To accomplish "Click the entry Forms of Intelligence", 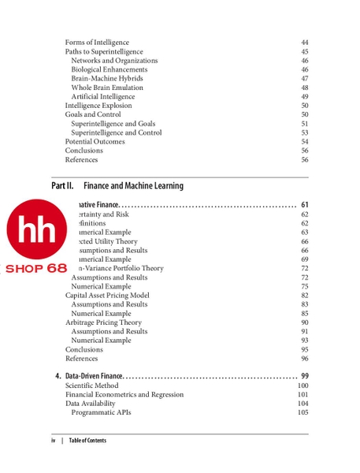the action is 97,43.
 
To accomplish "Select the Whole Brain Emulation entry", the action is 107,88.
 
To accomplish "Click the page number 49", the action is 304,97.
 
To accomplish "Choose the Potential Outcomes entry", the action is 95,142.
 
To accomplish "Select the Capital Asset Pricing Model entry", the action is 107,296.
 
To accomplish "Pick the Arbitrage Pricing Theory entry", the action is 103,322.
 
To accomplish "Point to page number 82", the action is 304,296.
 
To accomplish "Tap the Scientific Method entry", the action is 92,385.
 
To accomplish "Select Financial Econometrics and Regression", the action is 124,394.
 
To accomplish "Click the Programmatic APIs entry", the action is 101,412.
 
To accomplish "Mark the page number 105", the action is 302,412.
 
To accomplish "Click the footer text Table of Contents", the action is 87,441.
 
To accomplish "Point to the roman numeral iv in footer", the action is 54,441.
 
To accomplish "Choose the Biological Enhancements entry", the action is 109,69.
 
